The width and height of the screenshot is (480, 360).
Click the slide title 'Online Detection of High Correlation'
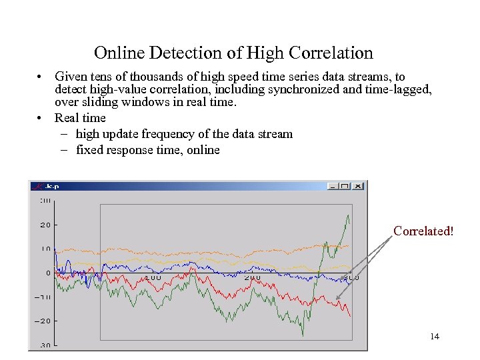[233, 53]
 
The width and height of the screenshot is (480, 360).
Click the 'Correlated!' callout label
[423, 231]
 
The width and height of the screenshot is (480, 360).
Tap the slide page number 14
[435, 337]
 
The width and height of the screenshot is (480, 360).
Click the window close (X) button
[358, 186]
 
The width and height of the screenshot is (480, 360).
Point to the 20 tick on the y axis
[45, 225]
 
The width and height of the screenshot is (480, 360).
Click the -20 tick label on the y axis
[43, 321]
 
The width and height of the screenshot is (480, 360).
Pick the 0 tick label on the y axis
[48, 273]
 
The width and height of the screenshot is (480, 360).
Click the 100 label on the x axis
[152, 277]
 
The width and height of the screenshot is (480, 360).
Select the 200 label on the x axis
[252, 277]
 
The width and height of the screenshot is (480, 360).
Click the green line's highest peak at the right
[347, 215]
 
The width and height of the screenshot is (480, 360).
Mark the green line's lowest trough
[303, 335]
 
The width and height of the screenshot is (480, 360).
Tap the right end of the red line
[350, 316]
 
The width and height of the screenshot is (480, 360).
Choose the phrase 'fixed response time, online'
[148, 150]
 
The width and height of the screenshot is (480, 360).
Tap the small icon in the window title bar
[37, 186]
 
